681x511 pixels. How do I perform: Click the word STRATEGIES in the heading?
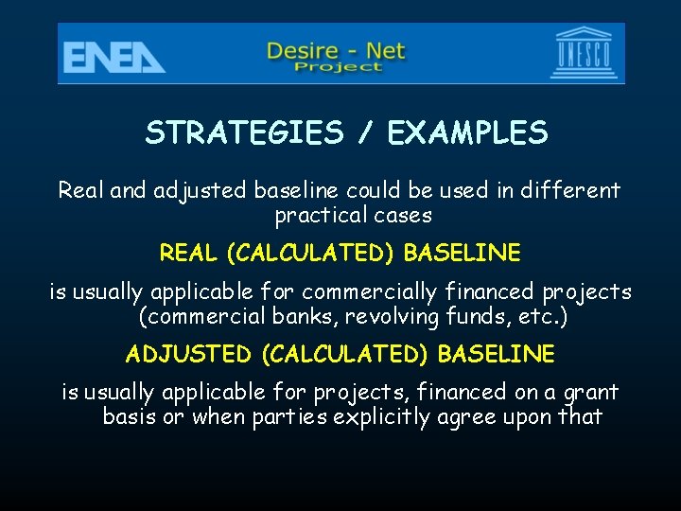pos(243,133)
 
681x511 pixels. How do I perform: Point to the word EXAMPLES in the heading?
pos(467,133)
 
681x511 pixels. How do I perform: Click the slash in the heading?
pos(364,133)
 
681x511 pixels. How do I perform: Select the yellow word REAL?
pos(188,253)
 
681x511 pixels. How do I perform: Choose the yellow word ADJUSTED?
pos(188,354)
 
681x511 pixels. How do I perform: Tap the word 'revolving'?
pos(377,317)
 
